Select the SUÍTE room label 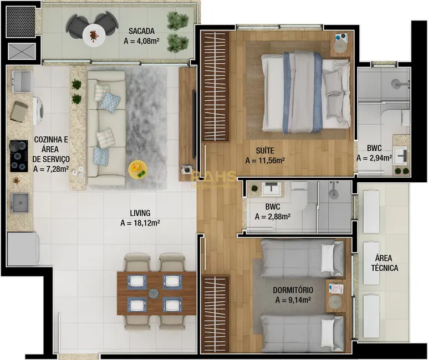click(265, 150)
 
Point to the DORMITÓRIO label click(293, 290)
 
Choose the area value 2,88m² click(273, 217)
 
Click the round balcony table click(94, 36)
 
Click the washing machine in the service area click(38, 110)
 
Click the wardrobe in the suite click(216, 86)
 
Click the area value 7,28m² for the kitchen click(51, 169)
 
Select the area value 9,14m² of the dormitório click(293, 300)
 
